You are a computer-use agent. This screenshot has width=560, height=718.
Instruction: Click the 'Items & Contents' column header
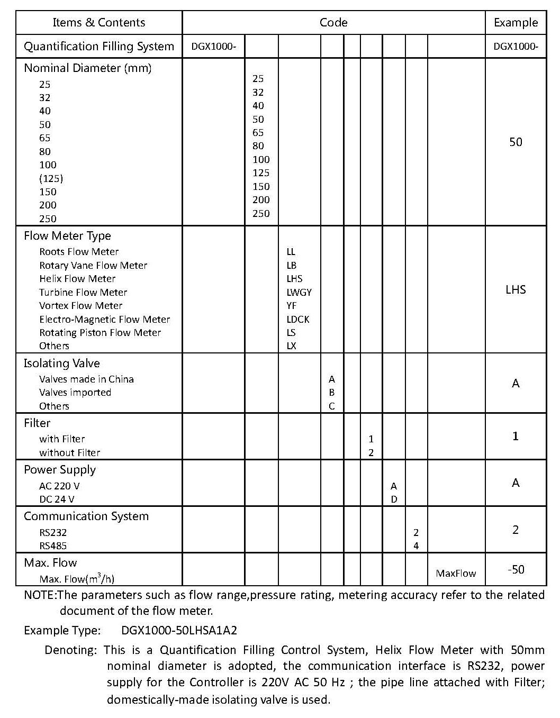tap(98, 23)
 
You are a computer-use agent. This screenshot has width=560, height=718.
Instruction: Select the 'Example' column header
tap(515, 23)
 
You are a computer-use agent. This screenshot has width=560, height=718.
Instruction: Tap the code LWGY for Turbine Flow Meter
tap(299, 292)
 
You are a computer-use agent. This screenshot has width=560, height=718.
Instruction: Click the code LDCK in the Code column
tap(298, 319)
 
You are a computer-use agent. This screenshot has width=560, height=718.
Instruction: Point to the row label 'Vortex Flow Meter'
tap(80, 306)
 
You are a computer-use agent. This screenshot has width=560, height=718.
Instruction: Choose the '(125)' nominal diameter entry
tap(51, 178)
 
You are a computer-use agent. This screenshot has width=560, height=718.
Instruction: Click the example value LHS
tap(515, 289)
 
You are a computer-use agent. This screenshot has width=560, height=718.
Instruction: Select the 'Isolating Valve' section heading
tap(61, 363)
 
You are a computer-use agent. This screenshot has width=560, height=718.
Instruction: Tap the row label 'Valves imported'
tap(75, 393)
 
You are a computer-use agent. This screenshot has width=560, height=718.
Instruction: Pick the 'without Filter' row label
tap(69, 453)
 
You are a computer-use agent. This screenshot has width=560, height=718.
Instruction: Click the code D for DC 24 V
tap(394, 499)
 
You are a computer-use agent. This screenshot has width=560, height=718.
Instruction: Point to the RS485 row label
tap(53, 546)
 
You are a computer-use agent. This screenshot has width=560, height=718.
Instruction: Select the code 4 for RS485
tap(416, 546)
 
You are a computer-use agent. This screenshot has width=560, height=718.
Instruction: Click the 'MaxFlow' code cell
tap(456, 574)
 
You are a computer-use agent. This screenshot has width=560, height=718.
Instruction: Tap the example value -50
tap(515, 570)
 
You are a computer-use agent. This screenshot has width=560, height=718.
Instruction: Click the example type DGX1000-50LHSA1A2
tap(179, 630)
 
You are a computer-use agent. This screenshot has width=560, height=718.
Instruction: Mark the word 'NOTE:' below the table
tap(40, 595)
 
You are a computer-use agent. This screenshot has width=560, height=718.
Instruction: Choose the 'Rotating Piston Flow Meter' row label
tap(100, 333)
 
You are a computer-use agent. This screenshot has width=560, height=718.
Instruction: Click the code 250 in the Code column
tap(261, 214)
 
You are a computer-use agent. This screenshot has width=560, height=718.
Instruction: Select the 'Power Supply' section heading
tap(60, 470)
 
